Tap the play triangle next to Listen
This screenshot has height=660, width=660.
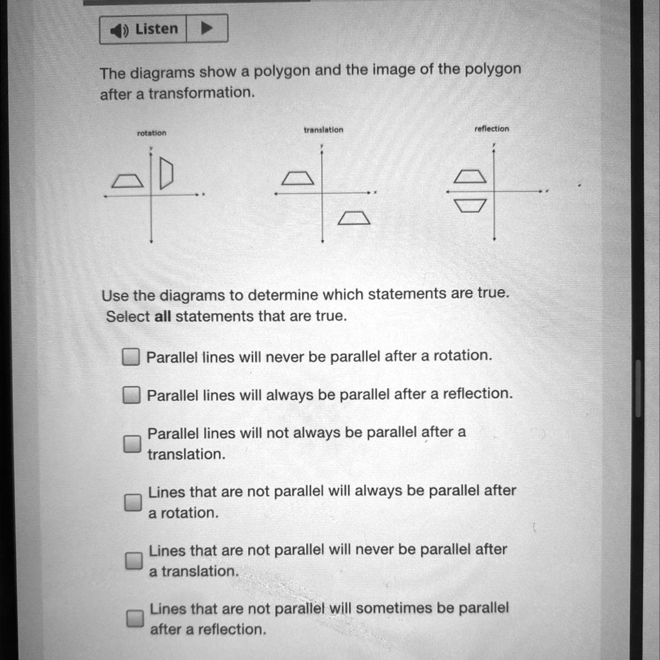[x=206, y=29]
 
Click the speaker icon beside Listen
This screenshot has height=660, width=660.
[x=120, y=30]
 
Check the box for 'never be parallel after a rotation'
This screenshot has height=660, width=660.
[x=131, y=356]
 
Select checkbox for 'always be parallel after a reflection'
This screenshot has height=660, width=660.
[x=131, y=394]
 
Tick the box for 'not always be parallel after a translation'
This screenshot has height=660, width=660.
[x=132, y=443]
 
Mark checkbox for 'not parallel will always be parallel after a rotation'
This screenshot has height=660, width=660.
[x=133, y=502]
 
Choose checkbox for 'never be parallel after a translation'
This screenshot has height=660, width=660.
[x=133, y=561]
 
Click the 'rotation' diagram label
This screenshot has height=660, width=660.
[x=151, y=133]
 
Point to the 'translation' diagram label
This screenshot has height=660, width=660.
[x=324, y=130]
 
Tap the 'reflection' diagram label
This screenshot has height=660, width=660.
[x=492, y=129]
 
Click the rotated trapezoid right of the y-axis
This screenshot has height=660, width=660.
[x=166, y=173]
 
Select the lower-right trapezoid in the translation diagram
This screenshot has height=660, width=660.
[x=354, y=218]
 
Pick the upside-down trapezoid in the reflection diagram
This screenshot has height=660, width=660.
[x=470, y=206]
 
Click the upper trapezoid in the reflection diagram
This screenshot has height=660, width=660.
[x=470, y=176]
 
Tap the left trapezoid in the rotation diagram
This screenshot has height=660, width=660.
[x=127, y=181]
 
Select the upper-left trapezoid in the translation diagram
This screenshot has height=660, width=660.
[x=297, y=178]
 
